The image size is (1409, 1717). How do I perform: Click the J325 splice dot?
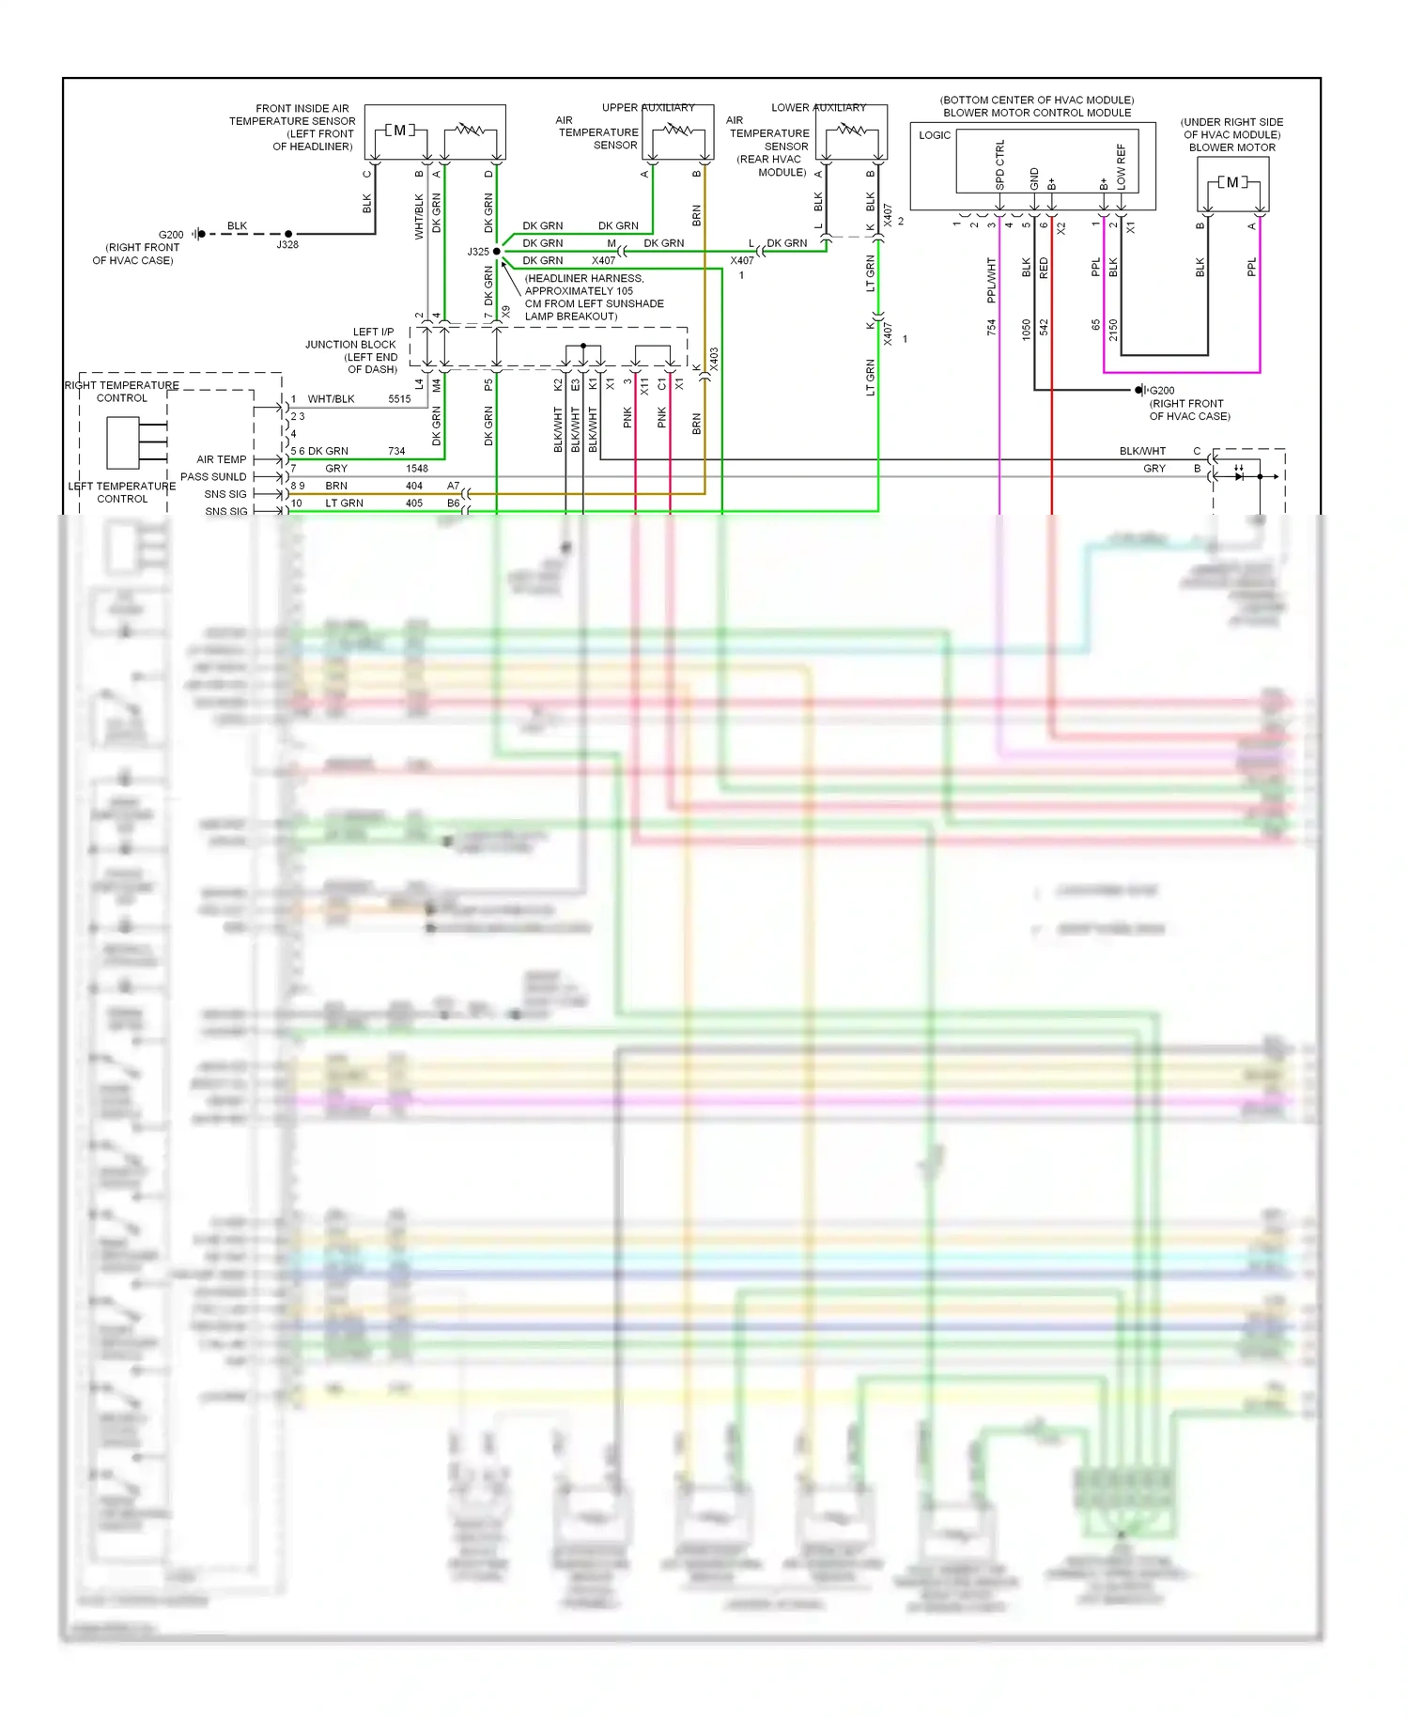coord(497,251)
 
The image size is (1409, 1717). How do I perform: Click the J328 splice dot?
coord(288,234)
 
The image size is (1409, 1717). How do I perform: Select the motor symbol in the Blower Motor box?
coord(1232,182)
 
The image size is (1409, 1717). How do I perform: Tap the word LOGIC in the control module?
coord(935,135)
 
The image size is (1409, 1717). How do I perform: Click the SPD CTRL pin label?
coord(999,165)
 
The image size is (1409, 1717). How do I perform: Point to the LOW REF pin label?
coord(1121,167)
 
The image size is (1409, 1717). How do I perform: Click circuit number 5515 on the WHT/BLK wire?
coord(399,399)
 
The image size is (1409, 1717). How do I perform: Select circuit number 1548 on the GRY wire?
coord(417,468)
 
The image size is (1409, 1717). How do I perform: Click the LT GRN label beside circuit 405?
coord(344,503)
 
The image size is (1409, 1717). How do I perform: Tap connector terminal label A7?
coord(454,486)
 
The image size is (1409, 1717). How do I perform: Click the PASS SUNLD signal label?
coord(213,476)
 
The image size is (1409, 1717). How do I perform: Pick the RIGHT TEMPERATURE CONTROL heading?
coord(122,392)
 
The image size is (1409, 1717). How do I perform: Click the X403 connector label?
coord(714,360)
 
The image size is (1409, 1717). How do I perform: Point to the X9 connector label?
coord(506,311)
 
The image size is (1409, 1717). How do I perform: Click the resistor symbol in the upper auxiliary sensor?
coord(678,131)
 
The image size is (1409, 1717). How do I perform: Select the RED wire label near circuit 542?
coord(1044,269)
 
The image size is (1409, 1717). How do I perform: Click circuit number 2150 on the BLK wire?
coord(1113,330)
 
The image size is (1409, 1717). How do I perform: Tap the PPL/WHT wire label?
coord(991,280)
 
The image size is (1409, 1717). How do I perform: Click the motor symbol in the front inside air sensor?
coord(400,131)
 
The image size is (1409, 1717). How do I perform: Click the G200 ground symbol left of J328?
coord(198,234)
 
